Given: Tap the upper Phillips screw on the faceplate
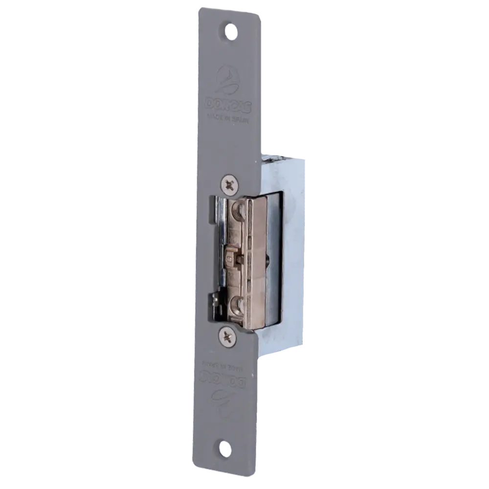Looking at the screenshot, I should [229, 184].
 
